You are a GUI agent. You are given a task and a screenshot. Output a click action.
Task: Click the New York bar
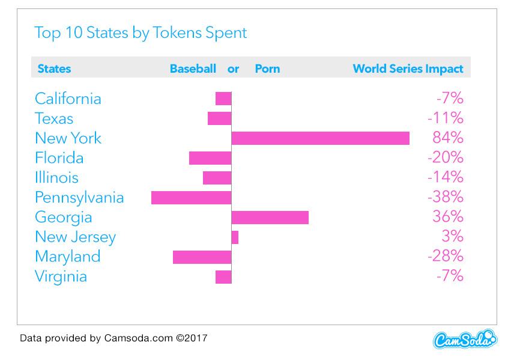point(320,138)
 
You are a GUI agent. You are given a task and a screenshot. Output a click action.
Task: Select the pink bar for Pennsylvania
point(191,198)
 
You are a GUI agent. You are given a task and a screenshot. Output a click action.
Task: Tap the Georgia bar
point(270,218)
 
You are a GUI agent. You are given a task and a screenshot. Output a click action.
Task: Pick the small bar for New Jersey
point(235,237)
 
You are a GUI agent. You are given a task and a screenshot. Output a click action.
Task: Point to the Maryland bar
point(202,257)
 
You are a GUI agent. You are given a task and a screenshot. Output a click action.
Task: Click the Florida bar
point(210,158)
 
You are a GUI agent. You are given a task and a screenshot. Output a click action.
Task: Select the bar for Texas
point(219,118)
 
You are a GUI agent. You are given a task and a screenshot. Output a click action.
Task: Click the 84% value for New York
point(447,138)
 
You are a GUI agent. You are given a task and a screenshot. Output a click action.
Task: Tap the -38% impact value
point(445,197)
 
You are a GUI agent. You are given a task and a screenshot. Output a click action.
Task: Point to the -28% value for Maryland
point(445,257)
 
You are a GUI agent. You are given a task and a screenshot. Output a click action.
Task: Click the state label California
point(68,99)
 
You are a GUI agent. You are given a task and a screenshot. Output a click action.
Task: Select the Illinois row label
point(56,178)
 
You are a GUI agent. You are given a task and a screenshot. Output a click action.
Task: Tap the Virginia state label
point(61,276)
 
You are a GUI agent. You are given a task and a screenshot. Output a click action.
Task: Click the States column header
point(54,69)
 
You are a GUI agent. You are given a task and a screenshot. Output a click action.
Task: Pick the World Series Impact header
point(408,69)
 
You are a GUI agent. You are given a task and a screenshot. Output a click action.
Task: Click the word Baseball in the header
point(193,69)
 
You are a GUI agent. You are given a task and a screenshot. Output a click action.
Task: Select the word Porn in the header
point(267,69)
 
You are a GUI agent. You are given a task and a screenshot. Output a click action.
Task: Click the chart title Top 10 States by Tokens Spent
point(141,32)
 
